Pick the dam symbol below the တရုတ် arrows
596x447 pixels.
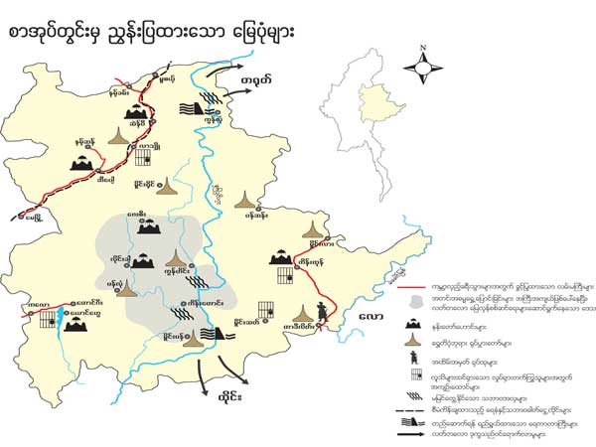pyautogui.click(x=196, y=108)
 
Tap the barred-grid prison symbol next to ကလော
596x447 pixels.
pyautogui.click(x=46, y=318)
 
